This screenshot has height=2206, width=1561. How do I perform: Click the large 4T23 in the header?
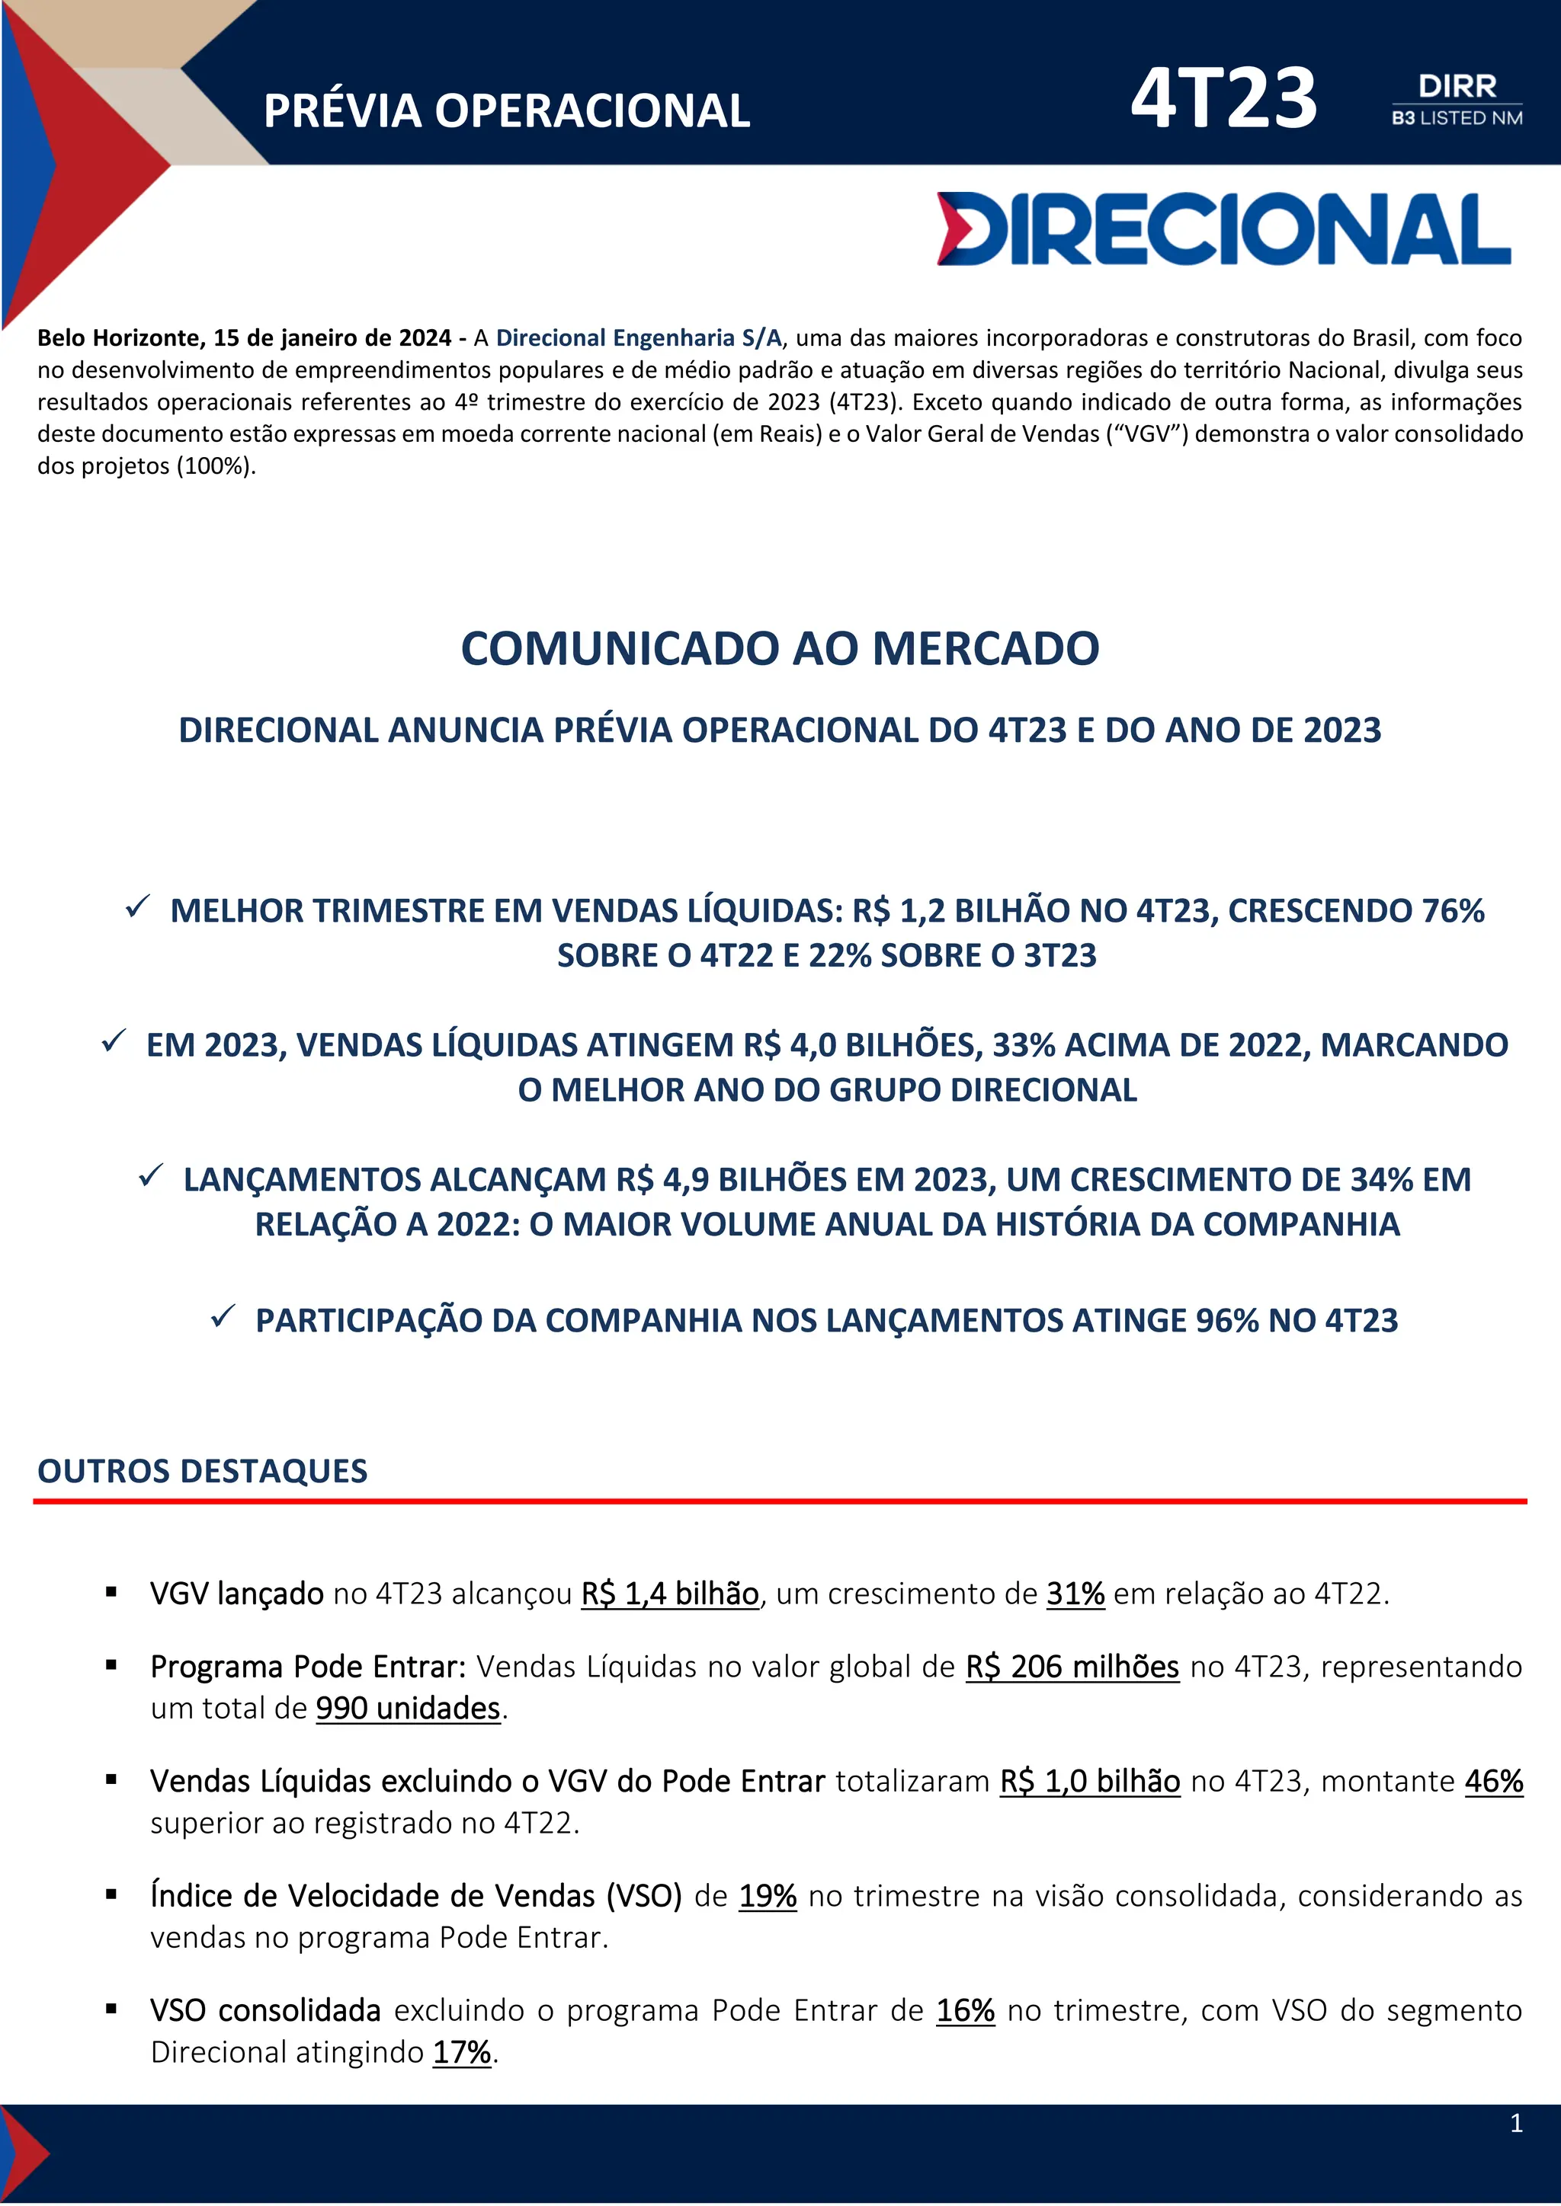coord(1223,99)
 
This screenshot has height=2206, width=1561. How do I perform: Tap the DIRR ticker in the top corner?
coord(1457,87)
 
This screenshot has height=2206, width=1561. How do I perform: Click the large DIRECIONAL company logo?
coord(1223,229)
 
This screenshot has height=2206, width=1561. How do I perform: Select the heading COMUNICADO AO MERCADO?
coord(780,648)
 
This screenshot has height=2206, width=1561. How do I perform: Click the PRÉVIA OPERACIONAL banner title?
coord(507,111)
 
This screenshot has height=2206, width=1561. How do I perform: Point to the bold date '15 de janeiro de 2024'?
coord(332,338)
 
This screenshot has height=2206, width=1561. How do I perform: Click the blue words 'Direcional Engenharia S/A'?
coord(638,338)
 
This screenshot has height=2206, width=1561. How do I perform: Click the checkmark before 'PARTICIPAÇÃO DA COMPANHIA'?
coord(223,1316)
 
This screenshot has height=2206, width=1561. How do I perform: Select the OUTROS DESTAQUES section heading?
coord(202,1471)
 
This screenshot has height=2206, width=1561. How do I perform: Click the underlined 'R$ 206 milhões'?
coord(1072,1667)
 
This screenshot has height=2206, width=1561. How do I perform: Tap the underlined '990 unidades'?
coord(408,1709)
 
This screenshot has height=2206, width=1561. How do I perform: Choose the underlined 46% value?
coord(1494,1781)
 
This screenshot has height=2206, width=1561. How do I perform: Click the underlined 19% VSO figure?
coord(767,1896)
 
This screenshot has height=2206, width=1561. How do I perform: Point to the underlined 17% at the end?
coord(461,2052)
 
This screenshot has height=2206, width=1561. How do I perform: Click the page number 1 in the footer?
coord(1516,2124)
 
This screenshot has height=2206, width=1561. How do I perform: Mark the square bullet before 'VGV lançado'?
coord(111,1593)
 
